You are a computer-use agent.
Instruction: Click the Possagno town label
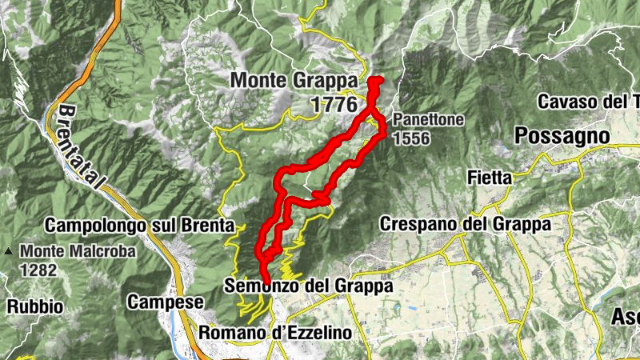562,136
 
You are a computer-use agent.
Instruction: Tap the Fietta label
488,180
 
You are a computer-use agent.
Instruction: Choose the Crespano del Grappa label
466,224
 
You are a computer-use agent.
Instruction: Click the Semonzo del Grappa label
309,286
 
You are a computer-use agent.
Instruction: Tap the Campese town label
166,302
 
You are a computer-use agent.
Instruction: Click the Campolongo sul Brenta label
139,226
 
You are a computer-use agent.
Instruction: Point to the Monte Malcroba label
78,250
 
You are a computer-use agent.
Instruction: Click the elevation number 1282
40,270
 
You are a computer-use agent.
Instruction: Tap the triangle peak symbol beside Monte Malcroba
8,250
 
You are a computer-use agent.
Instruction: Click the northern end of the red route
375,80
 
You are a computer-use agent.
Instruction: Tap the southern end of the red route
264,277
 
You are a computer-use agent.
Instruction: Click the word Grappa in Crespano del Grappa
521,224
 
